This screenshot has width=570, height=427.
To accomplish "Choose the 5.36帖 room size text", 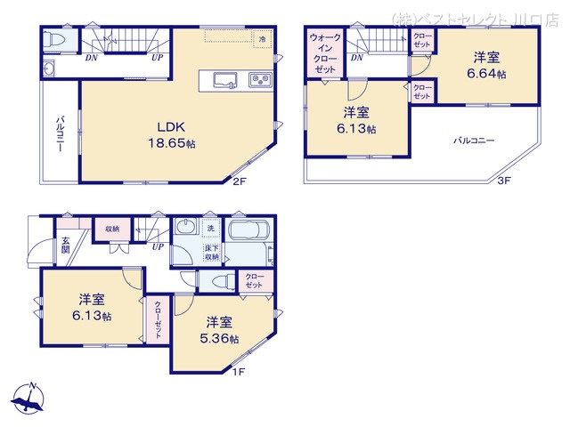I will click(x=223, y=339).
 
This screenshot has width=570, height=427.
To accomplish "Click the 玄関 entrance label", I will click(x=67, y=244).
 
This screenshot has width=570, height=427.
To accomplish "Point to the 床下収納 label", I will click(x=212, y=252).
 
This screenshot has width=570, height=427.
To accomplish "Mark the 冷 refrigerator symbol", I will click(x=262, y=40).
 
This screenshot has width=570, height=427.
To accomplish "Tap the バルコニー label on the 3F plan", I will click(x=472, y=141).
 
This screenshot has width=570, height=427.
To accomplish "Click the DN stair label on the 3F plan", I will click(x=355, y=58).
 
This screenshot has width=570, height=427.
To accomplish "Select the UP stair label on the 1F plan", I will click(x=158, y=246).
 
